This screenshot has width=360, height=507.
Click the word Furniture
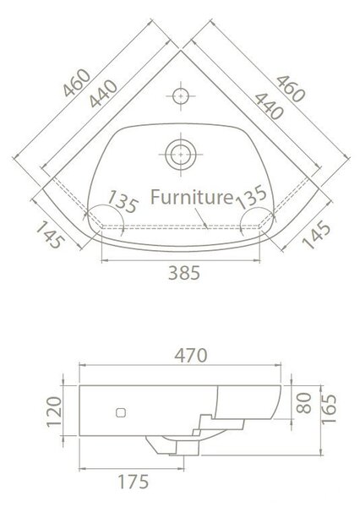(192, 197)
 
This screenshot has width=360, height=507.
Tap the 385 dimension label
(184, 273)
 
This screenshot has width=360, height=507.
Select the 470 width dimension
(190, 356)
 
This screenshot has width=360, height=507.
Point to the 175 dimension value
(133, 482)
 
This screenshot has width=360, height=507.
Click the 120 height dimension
(54, 412)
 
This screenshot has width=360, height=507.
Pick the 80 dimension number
(303, 403)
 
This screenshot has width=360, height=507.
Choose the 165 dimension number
(329, 409)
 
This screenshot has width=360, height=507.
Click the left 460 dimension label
(77, 83)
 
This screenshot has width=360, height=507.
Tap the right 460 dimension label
(291, 89)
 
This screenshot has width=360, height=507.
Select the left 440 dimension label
(103, 94)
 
